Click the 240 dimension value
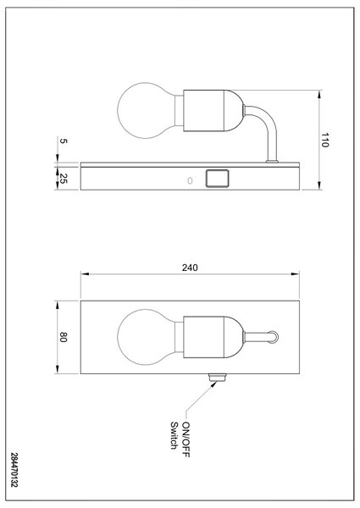pyautogui.click(x=190, y=268)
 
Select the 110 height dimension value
pyautogui.click(x=324, y=140)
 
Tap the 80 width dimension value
pyautogui.click(x=63, y=337)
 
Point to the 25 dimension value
pyautogui.click(x=63, y=179)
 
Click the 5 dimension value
pyautogui.click(x=64, y=141)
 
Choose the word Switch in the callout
pyautogui.click(x=174, y=435)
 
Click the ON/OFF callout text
pyautogui.click(x=186, y=439)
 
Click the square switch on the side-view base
pyautogui.click(x=217, y=179)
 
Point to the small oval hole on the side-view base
pyautogui.click(x=191, y=180)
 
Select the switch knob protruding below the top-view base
pyautogui.click(x=218, y=377)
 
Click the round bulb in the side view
pyautogui.click(x=147, y=110)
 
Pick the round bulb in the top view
pyautogui.click(x=147, y=337)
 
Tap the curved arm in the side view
pyautogui.click(x=269, y=122)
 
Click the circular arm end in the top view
pyautogui.click(x=273, y=337)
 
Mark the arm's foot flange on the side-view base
pyautogui.click(x=272, y=161)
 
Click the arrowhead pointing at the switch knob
pyautogui.click(x=213, y=384)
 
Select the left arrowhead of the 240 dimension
pyautogui.click(x=85, y=274)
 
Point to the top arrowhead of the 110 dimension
pyautogui.click(x=319, y=94)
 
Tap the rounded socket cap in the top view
pyautogui.click(x=233, y=337)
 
